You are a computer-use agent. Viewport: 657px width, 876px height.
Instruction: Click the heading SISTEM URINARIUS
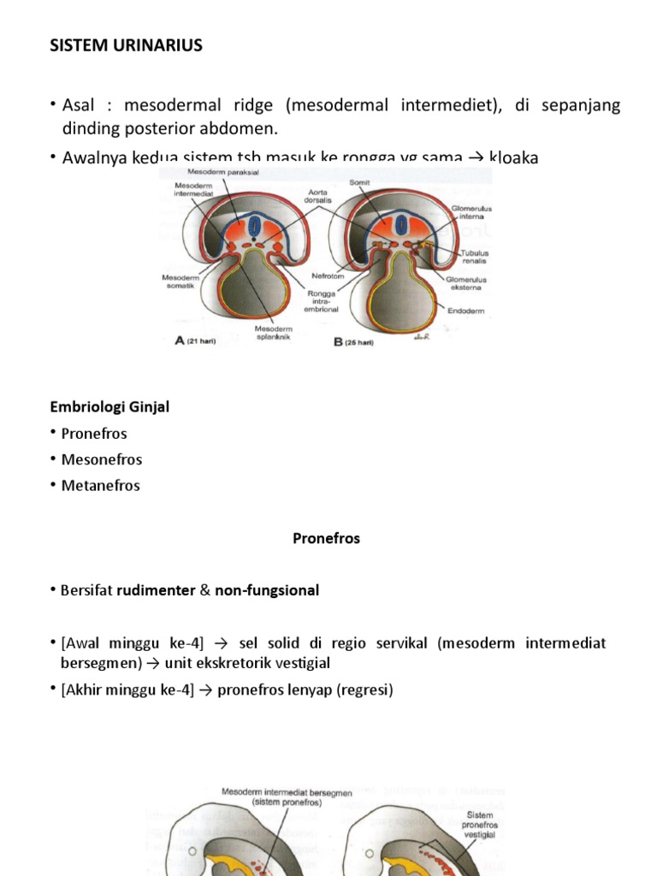[x=126, y=45]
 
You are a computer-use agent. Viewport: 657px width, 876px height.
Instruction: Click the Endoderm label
[x=465, y=311]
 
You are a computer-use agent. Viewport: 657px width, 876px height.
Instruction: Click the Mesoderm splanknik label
[x=274, y=332]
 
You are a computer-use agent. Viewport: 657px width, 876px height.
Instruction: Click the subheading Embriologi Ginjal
[x=109, y=407]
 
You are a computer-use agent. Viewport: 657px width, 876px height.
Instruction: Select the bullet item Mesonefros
[x=102, y=459]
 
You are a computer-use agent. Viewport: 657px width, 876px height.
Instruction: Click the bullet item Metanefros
[x=101, y=485]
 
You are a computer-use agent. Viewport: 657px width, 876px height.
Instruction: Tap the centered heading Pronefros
[x=327, y=539]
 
